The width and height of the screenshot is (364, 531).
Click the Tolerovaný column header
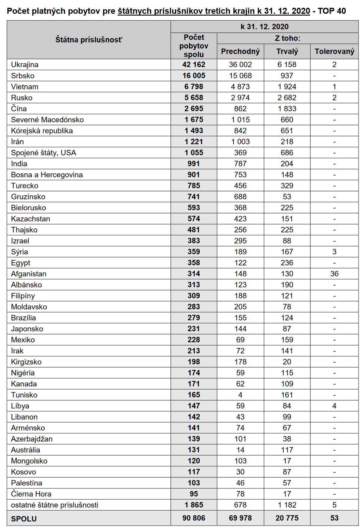click(334, 51)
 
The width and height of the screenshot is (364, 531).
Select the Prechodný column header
click(240, 51)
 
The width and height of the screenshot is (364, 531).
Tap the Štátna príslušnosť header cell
click(89, 40)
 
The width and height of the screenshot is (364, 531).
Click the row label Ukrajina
click(25, 65)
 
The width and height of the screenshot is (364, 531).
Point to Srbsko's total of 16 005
click(194, 76)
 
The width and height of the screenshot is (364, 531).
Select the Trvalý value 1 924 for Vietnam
click(287, 87)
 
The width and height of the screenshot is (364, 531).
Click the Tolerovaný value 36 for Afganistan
click(334, 274)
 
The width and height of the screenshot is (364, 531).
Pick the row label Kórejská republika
click(42, 131)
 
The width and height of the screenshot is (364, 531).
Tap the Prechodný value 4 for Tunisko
click(240, 395)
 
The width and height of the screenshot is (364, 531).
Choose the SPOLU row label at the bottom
click(24, 519)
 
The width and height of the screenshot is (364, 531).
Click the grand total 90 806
click(194, 518)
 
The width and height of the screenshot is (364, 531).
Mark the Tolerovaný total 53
click(334, 518)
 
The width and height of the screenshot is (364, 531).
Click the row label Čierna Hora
click(31, 494)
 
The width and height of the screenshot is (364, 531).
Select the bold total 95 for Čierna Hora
click(194, 494)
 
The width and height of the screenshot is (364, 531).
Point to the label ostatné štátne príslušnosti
click(54, 505)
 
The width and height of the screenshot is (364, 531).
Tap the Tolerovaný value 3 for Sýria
click(334, 252)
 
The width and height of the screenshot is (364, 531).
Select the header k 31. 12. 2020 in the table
click(264, 27)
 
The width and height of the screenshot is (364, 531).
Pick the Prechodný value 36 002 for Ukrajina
click(240, 65)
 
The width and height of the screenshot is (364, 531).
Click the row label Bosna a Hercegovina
click(47, 175)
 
